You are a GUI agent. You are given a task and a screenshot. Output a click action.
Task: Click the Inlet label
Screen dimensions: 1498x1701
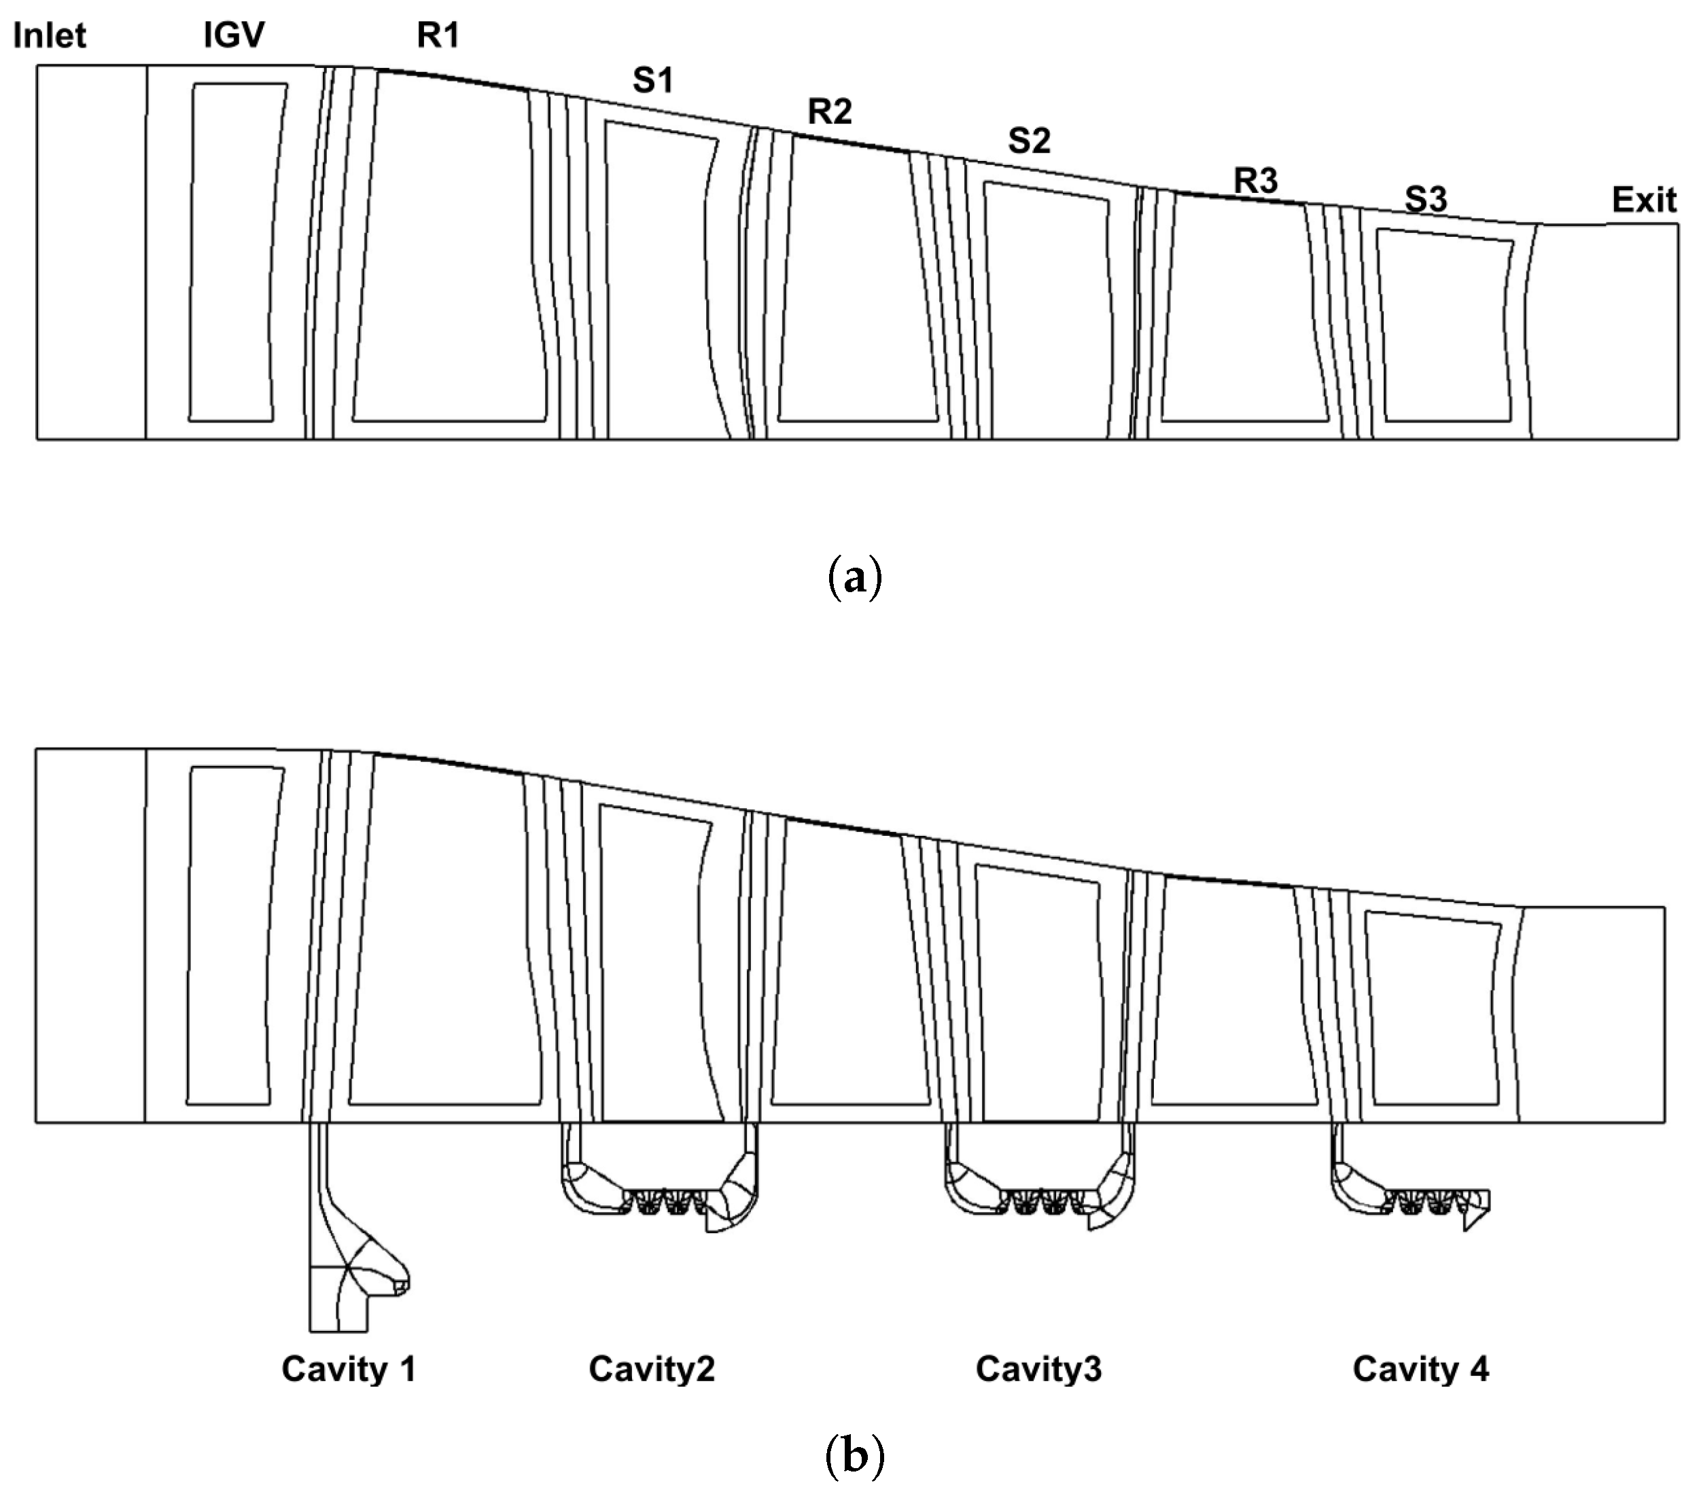pos(50,36)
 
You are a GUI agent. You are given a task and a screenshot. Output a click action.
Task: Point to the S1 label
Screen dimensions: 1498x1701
pos(652,81)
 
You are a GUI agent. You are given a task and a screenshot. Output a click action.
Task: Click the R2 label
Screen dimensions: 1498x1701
pos(830,111)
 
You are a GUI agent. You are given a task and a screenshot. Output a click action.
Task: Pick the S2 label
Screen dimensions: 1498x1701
pos(1029,141)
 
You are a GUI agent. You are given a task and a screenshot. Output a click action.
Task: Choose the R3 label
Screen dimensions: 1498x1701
pos(1255,181)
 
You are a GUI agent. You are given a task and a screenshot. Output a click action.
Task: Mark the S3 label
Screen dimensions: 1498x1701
pos(1426,200)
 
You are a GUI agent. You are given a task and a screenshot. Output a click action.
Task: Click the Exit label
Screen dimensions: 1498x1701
pos(1644,200)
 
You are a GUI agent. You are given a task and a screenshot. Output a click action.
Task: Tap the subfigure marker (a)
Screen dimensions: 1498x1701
pos(856,578)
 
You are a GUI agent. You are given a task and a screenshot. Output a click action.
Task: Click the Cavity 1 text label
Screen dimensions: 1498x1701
pos(348,1368)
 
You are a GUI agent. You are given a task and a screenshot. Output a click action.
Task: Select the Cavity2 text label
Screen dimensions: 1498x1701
pos(652,1368)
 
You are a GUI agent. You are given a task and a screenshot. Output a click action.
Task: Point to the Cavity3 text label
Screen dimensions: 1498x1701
pos(1038,1368)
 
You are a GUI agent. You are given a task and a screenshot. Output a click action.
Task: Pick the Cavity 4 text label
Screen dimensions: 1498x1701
pos(1420,1368)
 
